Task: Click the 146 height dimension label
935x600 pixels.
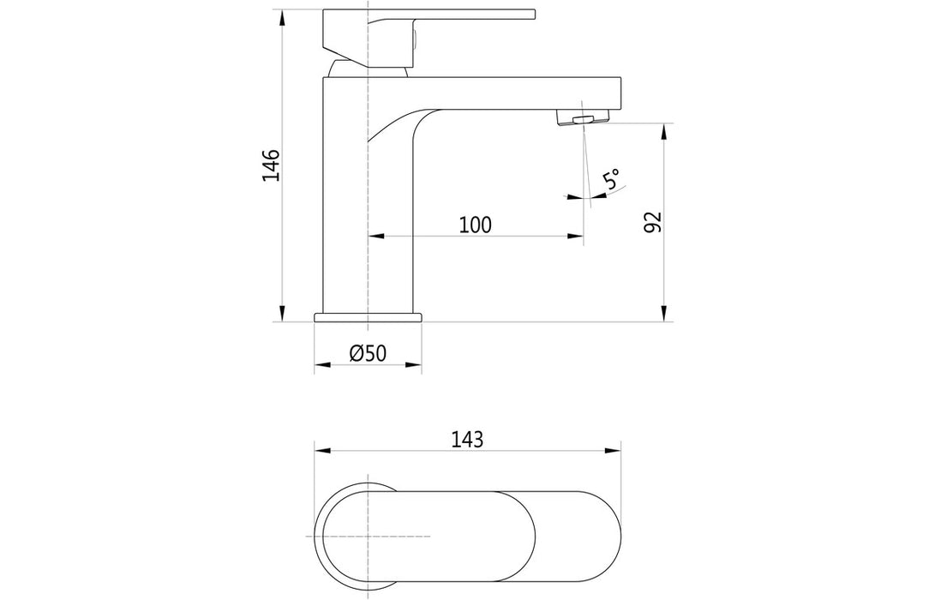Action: pyautogui.click(x=271, y=165)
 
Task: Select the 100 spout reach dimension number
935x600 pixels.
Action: pyautogui.click(x=475, y=225)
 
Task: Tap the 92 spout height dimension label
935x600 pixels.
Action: pyautogui.click(x=652, y=222)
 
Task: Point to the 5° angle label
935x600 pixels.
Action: pyautogui.click(x=612, y=180)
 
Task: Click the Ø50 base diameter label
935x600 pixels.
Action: pyautogui.click(x=369, y=353)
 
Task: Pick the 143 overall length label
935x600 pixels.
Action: pyautogui.click(x=467, y=439)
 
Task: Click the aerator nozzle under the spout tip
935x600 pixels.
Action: pyautogui.click(x=578, y=117)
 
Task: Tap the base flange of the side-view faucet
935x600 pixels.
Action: pyautogui.click(x=369, y=317)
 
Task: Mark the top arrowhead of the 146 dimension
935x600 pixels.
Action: pyautogui.click(x=283, y=16)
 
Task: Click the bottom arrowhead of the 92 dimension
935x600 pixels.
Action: pyautogui.click(x=663, y=315)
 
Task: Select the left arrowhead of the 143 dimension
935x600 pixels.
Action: pyautogui.click(x=321, y=450)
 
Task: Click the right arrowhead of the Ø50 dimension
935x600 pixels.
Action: pyautogui.click(x=416, y=365)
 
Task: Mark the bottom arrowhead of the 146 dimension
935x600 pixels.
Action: pyautogui.click(x=283, y=315)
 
